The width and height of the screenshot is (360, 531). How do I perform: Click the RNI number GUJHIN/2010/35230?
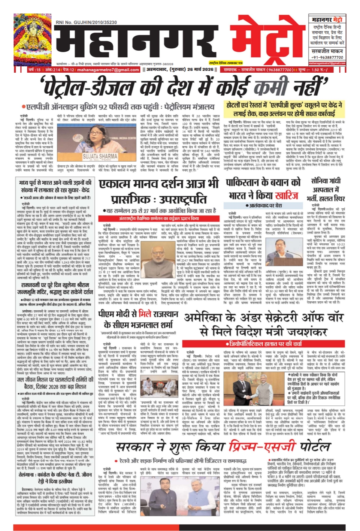[x=86, y=22]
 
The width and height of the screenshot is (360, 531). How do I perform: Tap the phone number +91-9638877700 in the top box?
[x=327, y=57]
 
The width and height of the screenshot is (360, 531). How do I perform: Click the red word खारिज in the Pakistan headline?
[x=287, y=195]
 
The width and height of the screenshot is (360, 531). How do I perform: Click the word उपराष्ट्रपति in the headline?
[x=183, y=199]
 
